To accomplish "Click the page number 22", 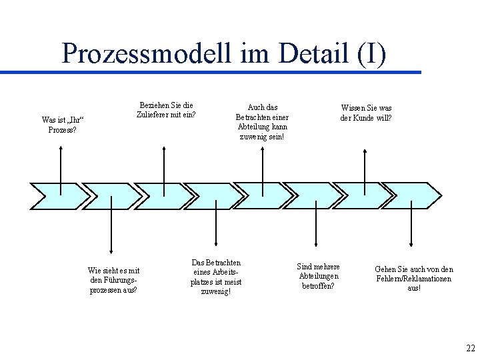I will [x=469, y=349].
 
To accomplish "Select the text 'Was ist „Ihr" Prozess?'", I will [x=62, y=125].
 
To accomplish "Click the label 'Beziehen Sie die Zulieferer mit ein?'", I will [x=166, y=110].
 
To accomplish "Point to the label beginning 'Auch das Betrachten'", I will [x=262, y=121].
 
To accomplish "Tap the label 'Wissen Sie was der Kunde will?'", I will [x=366, y=113].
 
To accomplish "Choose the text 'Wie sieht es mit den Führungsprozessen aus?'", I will [x=113, y=280].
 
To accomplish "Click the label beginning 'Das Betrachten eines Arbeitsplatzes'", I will [x=216, y=277].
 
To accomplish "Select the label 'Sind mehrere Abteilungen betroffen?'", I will [x=318, y=276].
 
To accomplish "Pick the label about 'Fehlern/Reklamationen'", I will [x=413, y=279].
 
